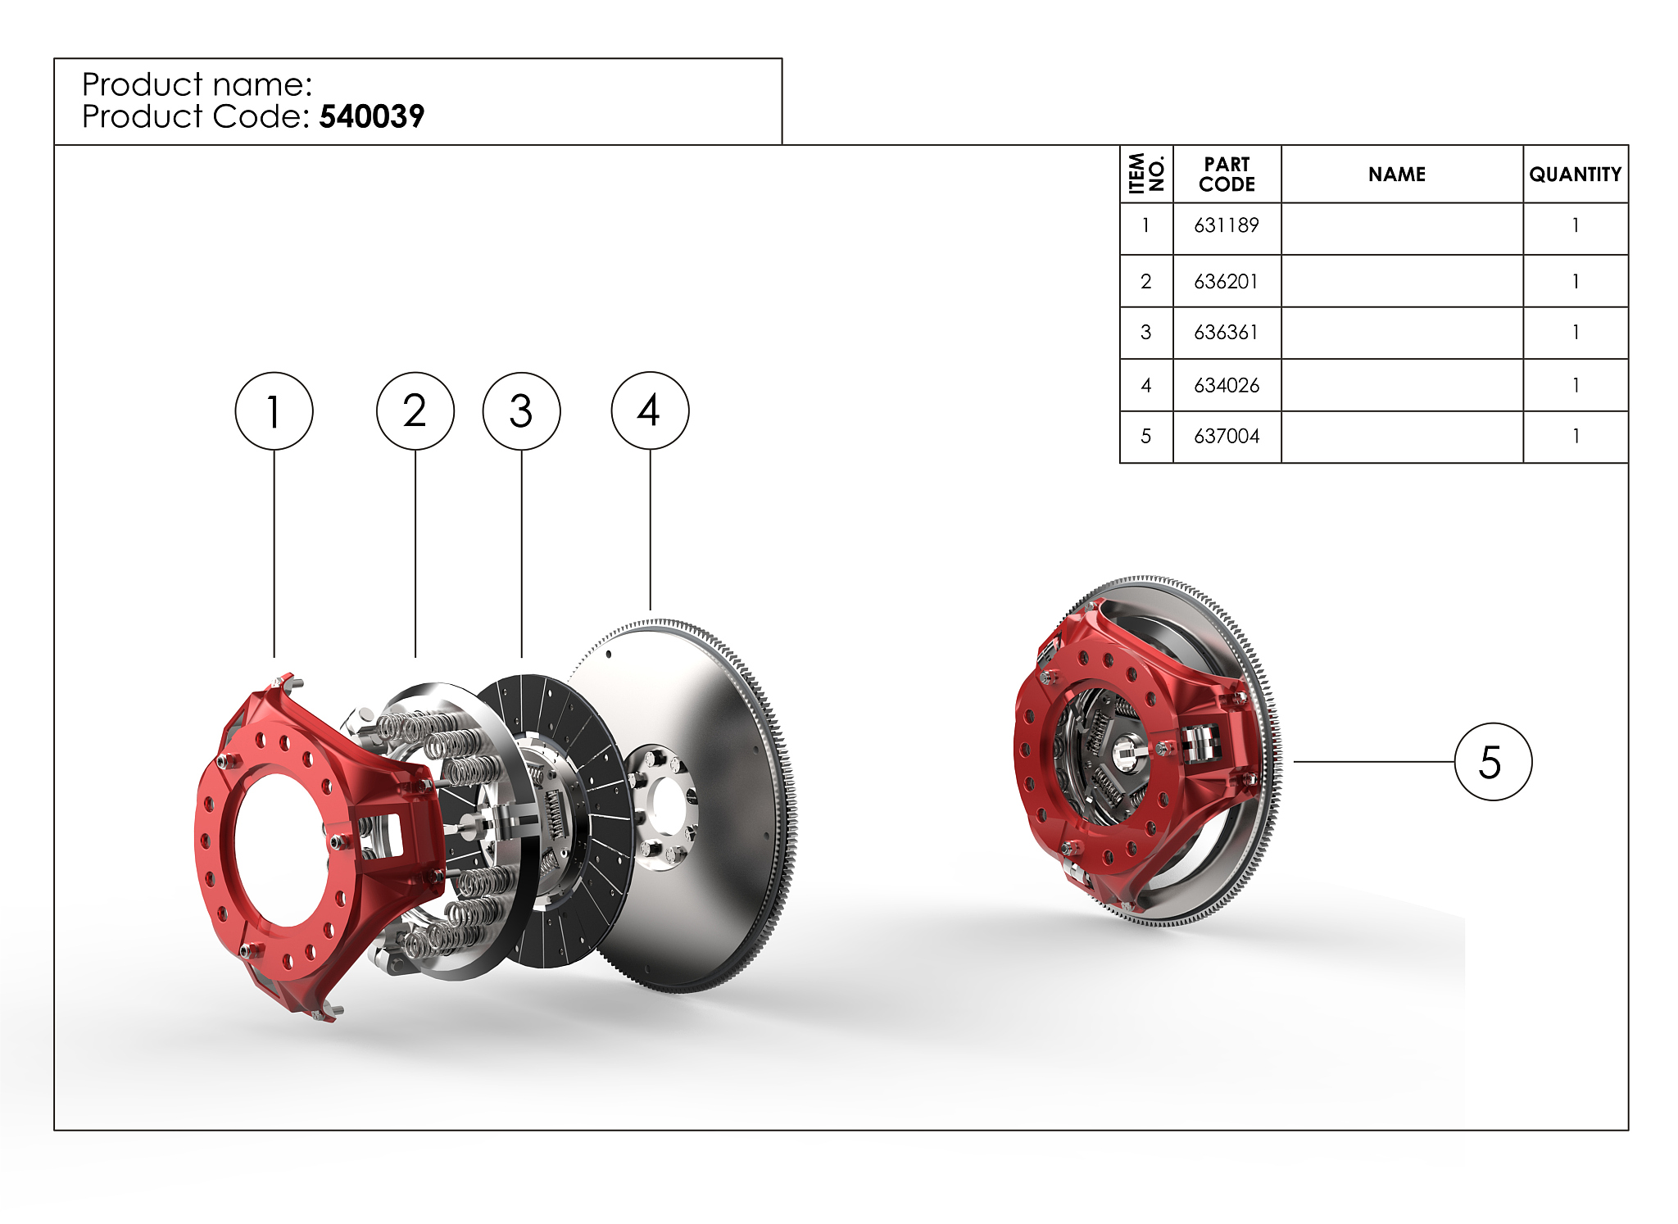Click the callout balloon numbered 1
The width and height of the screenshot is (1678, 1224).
(x=274, y=410)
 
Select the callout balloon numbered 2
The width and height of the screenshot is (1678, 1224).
(x=415, y=410)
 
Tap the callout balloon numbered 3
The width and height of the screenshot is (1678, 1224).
(x=522, y=410)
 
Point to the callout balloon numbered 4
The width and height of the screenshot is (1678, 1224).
(x=651, y=410)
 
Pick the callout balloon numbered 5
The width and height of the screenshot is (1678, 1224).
(x=1493, y=761)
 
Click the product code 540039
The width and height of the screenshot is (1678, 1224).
(x=372, y=116)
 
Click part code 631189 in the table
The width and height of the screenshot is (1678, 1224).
(x=1227, y=225)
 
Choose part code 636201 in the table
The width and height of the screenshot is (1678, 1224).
(x=1227, y=282)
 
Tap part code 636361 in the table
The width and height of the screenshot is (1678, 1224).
(x=1227, y=333)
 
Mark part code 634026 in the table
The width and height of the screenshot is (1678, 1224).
(x=1227, y=385)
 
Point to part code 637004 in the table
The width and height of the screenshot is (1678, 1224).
(x=1227, y=436)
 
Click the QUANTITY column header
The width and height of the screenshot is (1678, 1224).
(x=1576, y=175)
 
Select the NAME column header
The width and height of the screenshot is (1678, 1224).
(x=1397, y=175)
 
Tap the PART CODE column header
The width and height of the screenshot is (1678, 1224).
(x=1227, y=175)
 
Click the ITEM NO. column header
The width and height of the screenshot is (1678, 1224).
(x=1146, y=174)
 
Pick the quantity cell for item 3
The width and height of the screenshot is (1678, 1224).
(x=1576, y=333)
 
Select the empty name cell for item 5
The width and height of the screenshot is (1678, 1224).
(x=1402, y=437)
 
